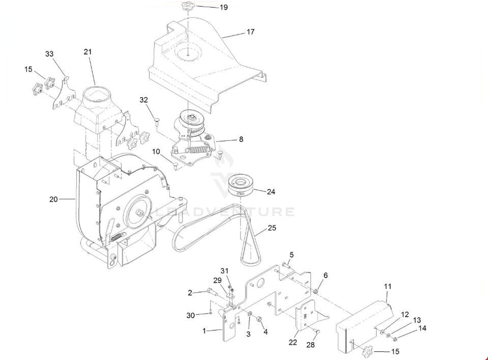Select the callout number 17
tap(250, 32)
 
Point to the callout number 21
tap(88, 52)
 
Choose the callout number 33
tap(49, 53)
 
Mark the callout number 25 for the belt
tap(272, 228)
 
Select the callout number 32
tap(144, 99)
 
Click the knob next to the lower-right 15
tap(368, 352)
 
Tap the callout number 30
tap(191, 315)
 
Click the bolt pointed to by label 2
tap(211, 292)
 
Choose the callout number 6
tap(325, 276)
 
